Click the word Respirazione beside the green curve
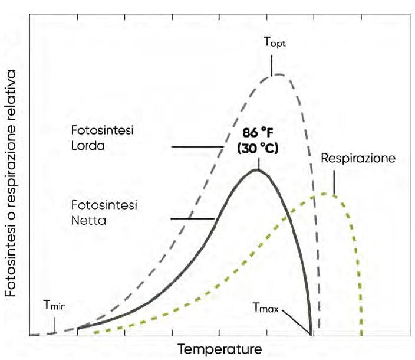[358, 159]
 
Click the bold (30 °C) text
[257, 149]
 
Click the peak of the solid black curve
[256, 170]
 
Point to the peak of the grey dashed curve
[277, 74]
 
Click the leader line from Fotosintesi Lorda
[192, 146]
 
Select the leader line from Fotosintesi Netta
[192, 219]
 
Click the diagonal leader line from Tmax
[298, 322]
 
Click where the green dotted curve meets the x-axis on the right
[360, 335]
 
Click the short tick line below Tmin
[55, 324]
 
